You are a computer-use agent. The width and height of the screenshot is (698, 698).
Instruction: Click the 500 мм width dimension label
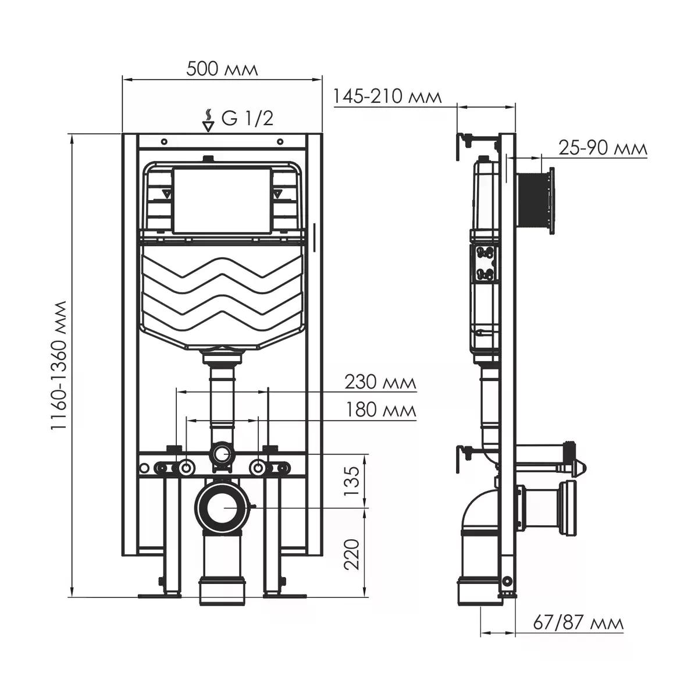[222, 69]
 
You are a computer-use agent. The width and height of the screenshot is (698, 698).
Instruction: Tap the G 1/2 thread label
[247, 119]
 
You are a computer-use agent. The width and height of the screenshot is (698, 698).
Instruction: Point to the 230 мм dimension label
[380, 382]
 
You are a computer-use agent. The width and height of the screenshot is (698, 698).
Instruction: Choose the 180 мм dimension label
[380, 411]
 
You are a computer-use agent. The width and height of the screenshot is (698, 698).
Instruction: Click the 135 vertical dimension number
[351, 482]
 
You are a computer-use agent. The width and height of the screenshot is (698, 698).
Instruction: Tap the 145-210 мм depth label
[387, 97]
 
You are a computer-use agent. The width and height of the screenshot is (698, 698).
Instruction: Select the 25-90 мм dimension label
[603, 148]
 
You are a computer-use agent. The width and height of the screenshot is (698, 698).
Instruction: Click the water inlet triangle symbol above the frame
[208, 126]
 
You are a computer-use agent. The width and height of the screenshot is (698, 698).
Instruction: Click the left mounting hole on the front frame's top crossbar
[164, 141]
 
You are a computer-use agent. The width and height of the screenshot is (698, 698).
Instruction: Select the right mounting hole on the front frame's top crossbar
[280, 141]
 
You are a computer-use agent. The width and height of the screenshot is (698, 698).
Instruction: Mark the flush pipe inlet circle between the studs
[222, 453]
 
